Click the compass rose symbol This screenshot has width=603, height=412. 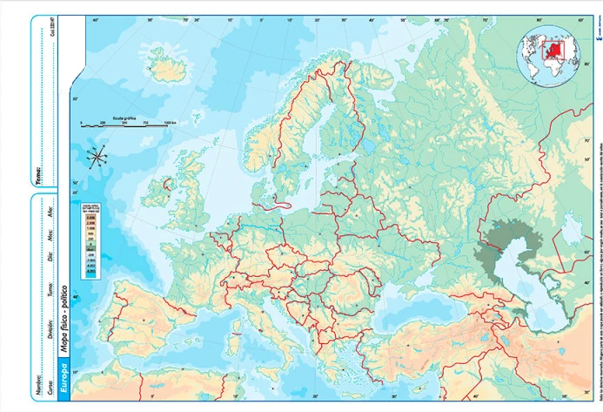(x=98, y=157)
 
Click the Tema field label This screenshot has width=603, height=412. (x=39, y=173)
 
